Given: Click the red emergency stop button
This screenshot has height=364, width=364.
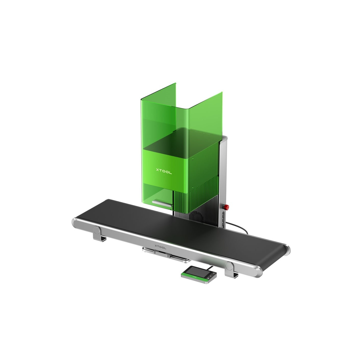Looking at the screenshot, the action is (226, 207).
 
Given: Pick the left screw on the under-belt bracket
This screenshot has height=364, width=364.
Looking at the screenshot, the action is (155, 252).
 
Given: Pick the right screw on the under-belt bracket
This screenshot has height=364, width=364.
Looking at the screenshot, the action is (168, 256).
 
